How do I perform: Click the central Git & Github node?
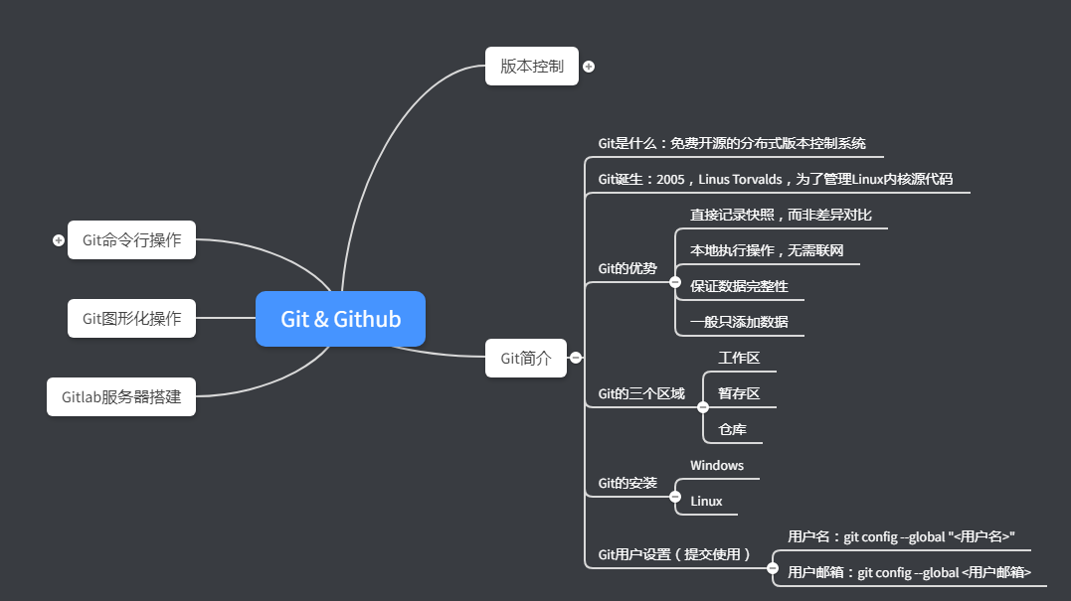tap(340, 319)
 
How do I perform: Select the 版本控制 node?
tap(531, 67)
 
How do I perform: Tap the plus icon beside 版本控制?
tap(589, 67)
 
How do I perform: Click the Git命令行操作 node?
tap(131, 239)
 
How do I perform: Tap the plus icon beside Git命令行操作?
tap(59, 240)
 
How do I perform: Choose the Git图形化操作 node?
tap(131, 318)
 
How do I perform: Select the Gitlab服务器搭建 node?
tap(121, 396)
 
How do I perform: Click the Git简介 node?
tap(525, 358)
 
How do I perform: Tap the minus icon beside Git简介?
tap(576, 358)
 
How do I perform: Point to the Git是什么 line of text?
tap(732, 143)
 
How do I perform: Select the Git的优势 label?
tap(627, 268)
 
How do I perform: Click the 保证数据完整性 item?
tap(739, 286)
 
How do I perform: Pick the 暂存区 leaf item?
tap(739, 393)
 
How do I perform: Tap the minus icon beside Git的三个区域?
tap(703, 407)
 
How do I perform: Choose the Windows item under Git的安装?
tap(717, 465)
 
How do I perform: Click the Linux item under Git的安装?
tap(706, 501)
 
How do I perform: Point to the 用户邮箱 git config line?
tap(909, 572)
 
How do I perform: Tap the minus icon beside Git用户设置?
tap(773, 568)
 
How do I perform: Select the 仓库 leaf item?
tap(732, 429)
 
